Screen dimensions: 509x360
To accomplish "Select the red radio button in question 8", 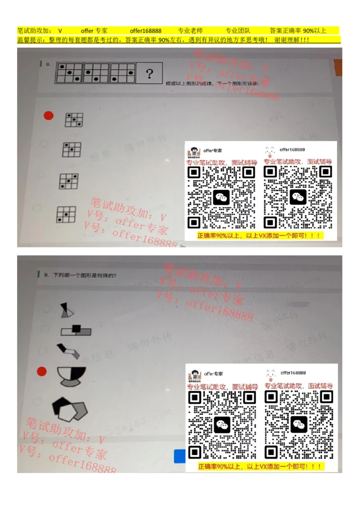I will click(49, 116).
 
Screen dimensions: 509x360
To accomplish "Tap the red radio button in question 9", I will click(42, 371).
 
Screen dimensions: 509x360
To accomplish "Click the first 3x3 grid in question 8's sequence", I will click(68, 73).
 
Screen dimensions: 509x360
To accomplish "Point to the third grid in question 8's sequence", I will click(122, 73).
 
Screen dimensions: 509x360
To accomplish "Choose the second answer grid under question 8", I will click(72, 149).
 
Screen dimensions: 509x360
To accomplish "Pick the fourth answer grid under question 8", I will click(66, 214).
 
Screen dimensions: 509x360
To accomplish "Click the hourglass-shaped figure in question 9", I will click(67, 310).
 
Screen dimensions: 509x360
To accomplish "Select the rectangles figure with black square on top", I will click(76, 330).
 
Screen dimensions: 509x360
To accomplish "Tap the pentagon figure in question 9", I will click(70, 408).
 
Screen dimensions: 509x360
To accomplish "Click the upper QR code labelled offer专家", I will click(221, 197).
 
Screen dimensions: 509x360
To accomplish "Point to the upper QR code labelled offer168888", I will click(298, 197).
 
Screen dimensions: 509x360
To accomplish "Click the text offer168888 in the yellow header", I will click(145, 31).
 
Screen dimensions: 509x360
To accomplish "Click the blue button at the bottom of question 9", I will click(180, 456).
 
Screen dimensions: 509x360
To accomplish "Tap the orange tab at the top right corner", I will click(338, 67).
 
